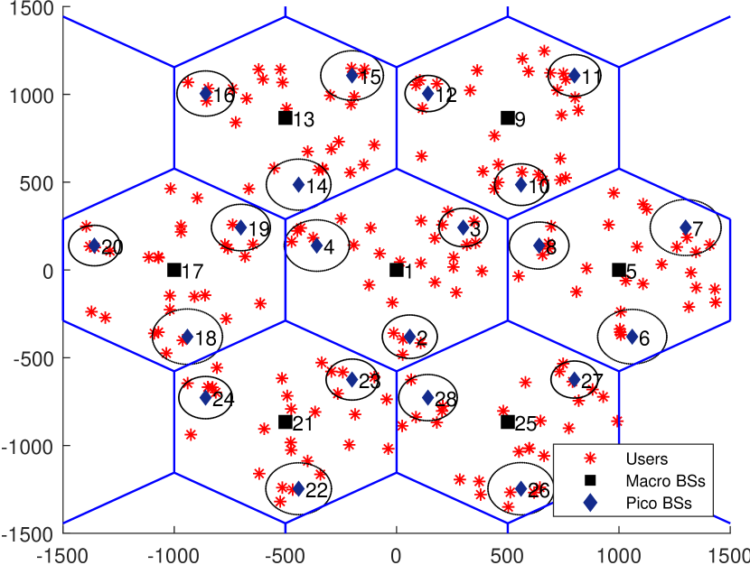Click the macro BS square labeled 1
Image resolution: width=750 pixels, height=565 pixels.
[396, 270]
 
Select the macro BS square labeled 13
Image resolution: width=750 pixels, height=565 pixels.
[285, 117]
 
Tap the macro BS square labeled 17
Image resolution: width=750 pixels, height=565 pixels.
[173, 270]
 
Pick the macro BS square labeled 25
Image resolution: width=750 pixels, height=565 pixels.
[507, 421]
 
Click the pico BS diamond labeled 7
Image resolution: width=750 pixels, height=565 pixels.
[685, 227]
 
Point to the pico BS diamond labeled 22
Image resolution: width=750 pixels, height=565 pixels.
[297, 489]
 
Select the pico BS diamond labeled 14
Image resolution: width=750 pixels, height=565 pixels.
[298, 185]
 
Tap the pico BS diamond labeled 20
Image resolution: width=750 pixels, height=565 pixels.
[94, 245]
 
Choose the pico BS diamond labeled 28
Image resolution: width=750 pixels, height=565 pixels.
[428, 397]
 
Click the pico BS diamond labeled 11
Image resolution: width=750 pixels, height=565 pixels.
[574, 75]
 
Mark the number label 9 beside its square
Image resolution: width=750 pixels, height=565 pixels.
[520, 119]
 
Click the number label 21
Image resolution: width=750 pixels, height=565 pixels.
[303, 424]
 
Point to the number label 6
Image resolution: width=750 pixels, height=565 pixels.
[644, 338]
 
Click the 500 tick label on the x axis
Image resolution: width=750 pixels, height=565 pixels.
[507, 551]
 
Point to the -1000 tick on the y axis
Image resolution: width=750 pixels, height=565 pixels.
[32, 446]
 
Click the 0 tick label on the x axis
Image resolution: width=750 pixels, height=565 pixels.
[396, 551]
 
